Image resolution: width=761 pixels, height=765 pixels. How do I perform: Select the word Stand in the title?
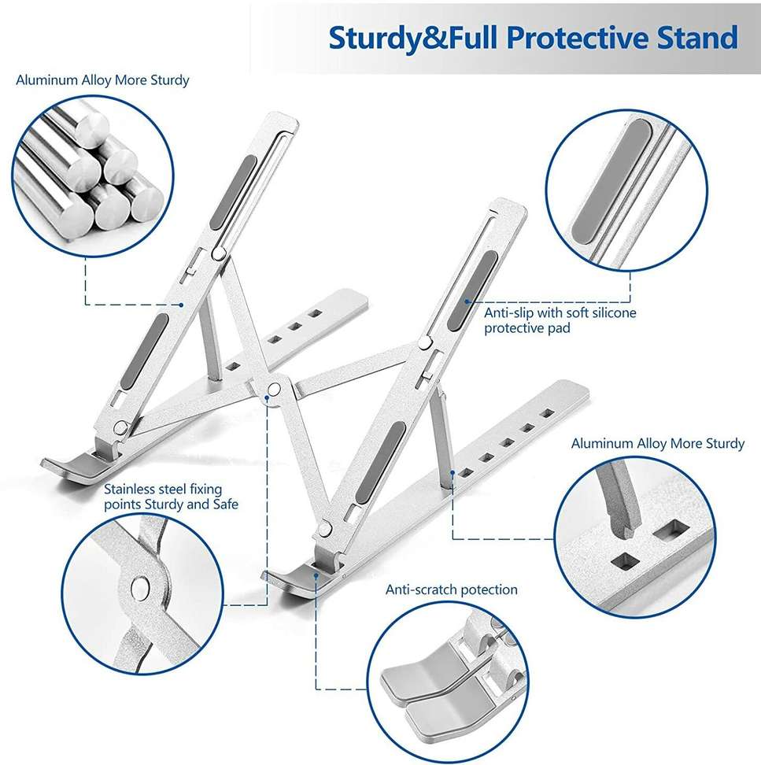[x=697, y=38]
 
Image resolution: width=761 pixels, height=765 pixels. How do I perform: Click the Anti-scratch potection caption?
[x=451, y=589]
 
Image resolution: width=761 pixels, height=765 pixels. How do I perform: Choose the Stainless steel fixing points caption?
[x=171, y=496]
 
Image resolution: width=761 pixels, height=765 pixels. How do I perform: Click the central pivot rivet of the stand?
[x=275, y=390]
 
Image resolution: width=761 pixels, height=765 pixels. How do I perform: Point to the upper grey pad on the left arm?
[x=233, y=193]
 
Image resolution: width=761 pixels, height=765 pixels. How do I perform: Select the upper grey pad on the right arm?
[x=473, y=290]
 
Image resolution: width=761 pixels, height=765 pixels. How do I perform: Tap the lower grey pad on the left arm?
[x=144, y=351]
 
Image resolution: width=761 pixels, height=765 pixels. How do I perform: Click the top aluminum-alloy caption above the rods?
[x=102, y=80]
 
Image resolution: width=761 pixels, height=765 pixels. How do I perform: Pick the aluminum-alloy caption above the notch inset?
[x=658, y=443]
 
